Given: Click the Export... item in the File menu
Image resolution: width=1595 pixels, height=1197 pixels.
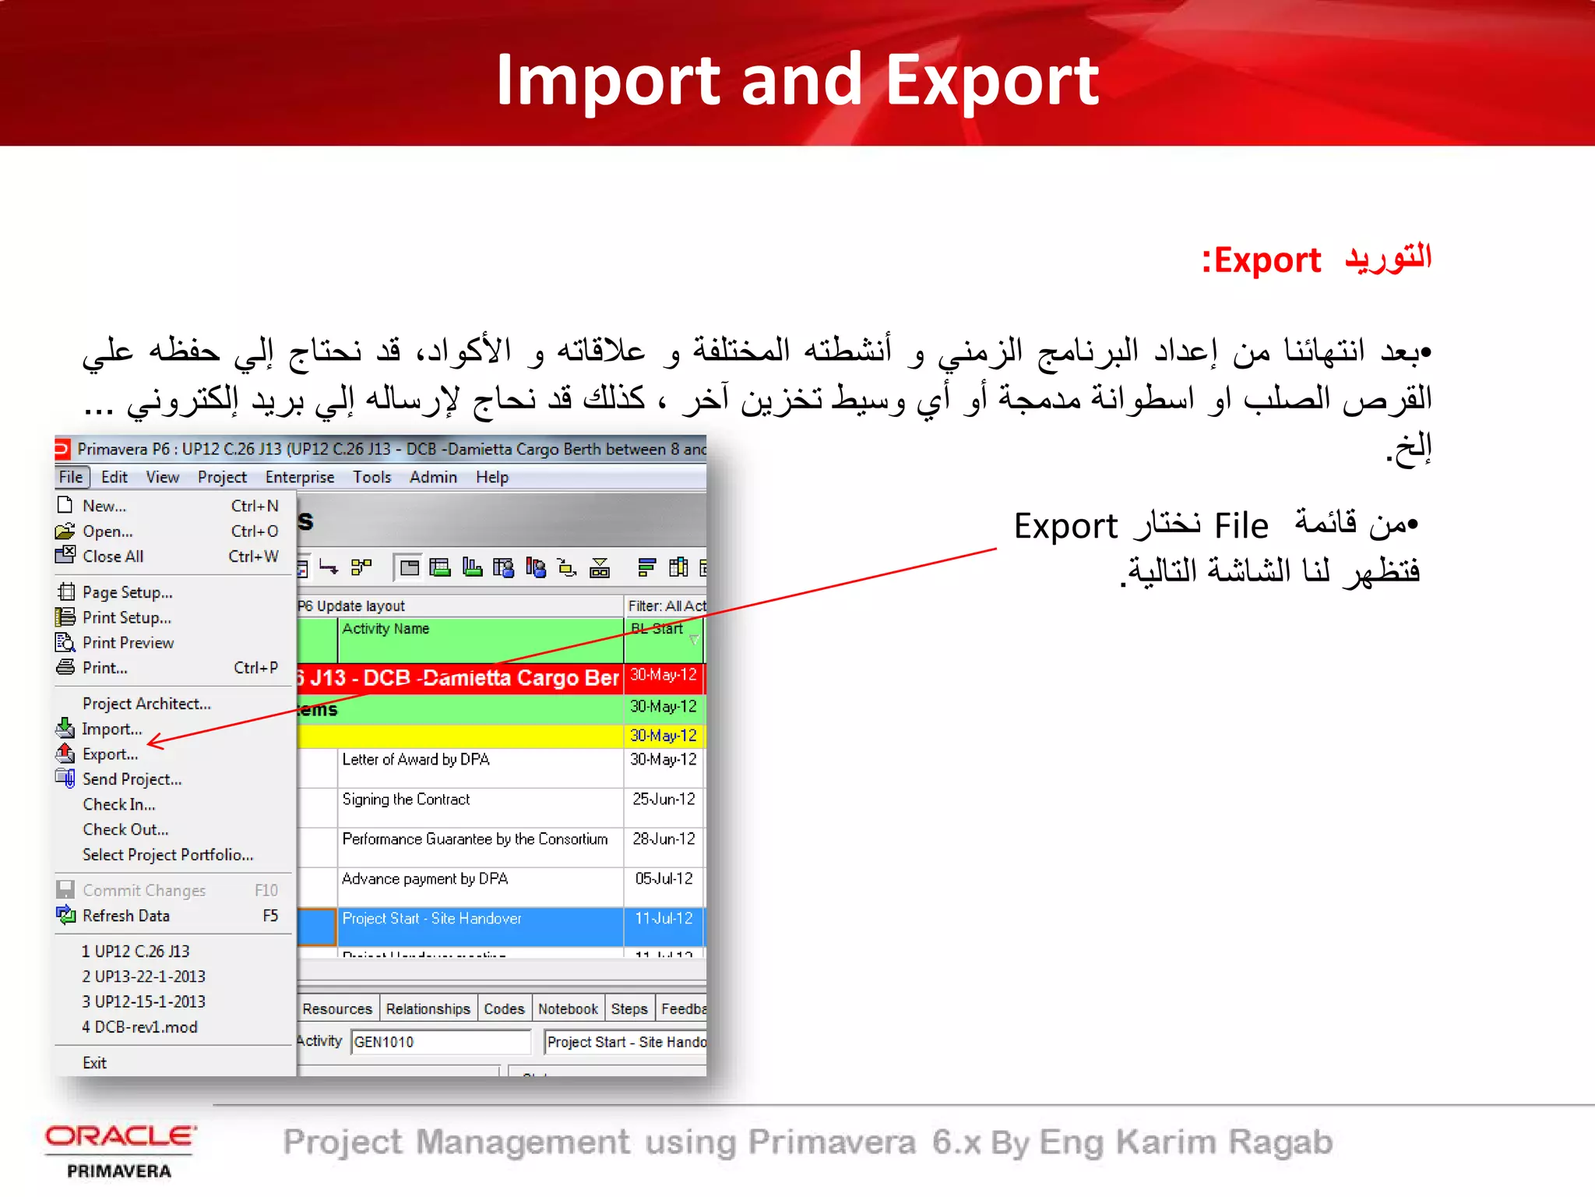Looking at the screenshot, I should [110, 754].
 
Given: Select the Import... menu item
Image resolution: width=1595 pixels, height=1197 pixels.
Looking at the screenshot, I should [111, 729].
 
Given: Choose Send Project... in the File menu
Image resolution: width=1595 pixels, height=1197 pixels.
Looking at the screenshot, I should [132, 779].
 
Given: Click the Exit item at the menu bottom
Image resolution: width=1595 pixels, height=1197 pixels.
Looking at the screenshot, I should [94, 1063].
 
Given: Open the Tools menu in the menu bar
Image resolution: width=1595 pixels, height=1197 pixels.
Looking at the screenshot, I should [371, 477].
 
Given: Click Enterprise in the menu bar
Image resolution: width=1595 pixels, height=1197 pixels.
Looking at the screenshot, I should [299, 477].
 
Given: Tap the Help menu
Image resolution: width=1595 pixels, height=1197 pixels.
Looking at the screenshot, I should [492, 477].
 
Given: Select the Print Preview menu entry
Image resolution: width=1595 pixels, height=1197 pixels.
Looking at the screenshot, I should [128, 643].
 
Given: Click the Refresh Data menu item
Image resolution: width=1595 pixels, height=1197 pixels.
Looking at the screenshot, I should [125, 916].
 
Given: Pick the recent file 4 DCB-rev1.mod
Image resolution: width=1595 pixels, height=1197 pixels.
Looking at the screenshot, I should [140, 1027].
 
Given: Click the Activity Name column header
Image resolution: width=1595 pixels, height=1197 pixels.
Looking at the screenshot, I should [386, 629].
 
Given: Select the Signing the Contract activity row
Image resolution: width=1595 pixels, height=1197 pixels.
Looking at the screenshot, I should [406, 800].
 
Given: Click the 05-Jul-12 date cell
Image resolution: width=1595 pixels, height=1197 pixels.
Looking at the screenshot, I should [664, 879].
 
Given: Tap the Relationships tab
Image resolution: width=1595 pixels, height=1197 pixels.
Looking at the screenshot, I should [428, 1009].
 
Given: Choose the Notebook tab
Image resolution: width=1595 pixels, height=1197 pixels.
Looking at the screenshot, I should [568, 1009].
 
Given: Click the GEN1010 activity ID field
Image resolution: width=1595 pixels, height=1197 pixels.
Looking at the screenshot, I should [439, 1042].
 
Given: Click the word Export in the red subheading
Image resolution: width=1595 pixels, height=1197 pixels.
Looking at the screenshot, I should [1267, 260].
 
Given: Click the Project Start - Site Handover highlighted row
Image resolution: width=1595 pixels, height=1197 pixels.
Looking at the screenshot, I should [432, 919].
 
